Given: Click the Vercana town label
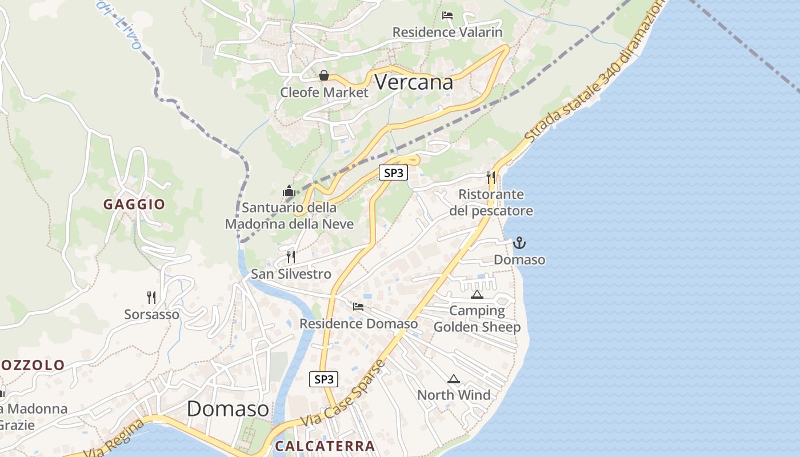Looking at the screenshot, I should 414,82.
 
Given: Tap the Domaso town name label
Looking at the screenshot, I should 227,408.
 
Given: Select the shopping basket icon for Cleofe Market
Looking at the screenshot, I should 324,75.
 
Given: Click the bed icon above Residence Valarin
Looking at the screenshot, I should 447,15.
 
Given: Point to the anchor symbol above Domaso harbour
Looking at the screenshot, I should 519,243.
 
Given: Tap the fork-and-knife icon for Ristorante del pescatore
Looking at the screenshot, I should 490,177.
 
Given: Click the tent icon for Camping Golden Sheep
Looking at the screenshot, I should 477,294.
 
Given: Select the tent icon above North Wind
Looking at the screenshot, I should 453,379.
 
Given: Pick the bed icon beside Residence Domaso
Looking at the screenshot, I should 358,307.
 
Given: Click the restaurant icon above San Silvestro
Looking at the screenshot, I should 291,257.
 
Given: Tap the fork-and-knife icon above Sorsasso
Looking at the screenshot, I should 151,297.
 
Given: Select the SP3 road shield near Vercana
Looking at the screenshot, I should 394,173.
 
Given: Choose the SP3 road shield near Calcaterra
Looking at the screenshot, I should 323,379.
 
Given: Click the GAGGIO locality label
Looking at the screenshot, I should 134,204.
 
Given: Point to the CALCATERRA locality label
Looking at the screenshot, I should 325,446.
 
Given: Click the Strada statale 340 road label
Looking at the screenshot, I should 594,71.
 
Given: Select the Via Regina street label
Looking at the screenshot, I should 114,439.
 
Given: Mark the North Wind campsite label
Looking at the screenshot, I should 454,395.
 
